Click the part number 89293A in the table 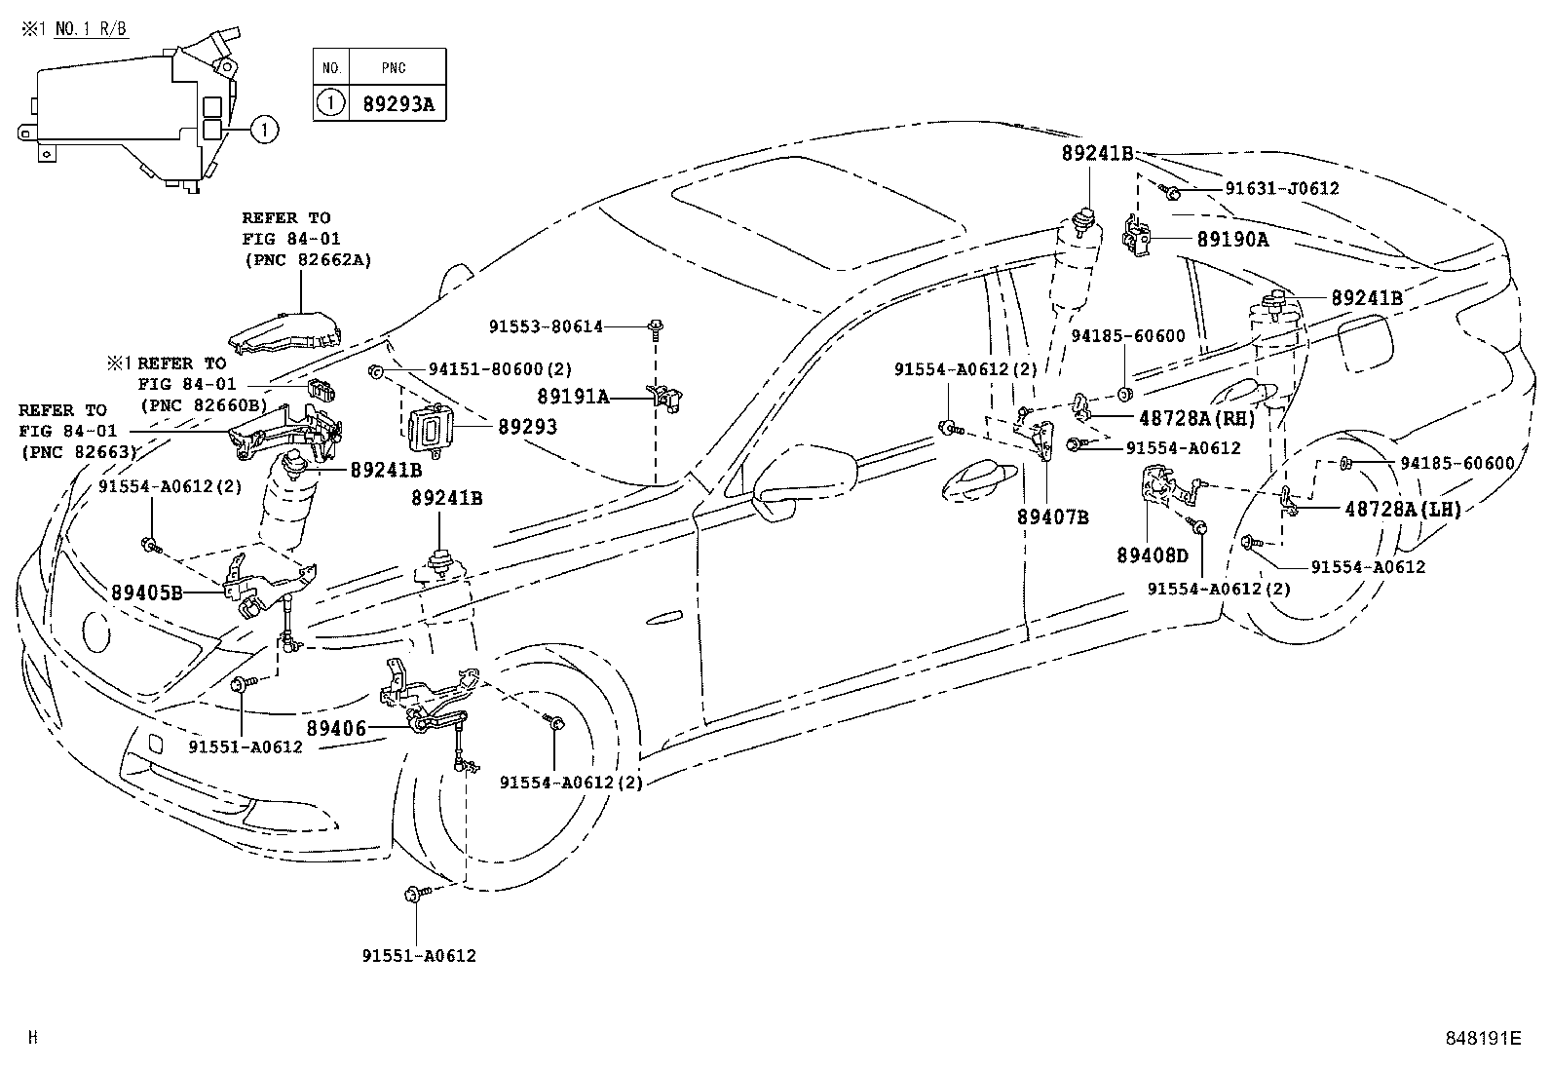click(397, 103)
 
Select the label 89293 click(527, 427)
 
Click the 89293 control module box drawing click(429, 430)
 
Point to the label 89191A click(573, 397)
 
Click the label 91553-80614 click(547, 327)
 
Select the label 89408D click(1153, 555)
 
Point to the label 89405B click(146, 592)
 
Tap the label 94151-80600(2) click(500, 369)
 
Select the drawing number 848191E click(1482, 1038)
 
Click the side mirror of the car click(805, 478)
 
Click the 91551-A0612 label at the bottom click(428, 956)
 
